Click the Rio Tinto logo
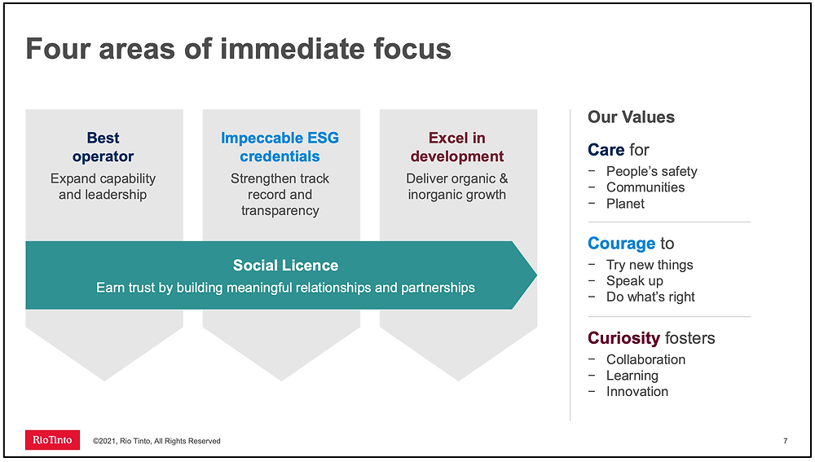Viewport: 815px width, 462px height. pos(52,440)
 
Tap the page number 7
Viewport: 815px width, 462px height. pos(786,441)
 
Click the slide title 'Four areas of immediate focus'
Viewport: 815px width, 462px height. pos(239,49)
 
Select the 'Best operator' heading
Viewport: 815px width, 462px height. pos(103,147)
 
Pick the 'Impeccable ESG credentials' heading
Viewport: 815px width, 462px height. pos(280,147)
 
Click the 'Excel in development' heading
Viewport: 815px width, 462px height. pos(457,147)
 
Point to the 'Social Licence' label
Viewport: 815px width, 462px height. pos(285,265)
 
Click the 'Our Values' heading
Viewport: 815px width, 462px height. pos(631,117)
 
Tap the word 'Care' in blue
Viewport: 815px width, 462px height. pos(606,150)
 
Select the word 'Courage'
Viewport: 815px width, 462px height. pos(622,243)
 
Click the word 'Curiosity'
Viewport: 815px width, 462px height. pos(623,338)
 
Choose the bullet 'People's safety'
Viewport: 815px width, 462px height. pos(651,171)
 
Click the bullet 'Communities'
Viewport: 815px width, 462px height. pos(645,187)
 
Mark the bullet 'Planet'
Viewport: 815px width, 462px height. pos(625,203)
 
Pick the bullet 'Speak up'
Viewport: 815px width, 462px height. pos(635,280)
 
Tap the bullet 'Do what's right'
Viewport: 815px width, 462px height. pos(650,297)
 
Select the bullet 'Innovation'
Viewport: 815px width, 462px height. pos(637,391)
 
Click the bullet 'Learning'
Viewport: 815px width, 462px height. pos(632,375)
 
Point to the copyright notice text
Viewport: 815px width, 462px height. pos(156,441)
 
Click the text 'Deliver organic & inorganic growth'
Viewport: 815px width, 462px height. pos(457,186)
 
